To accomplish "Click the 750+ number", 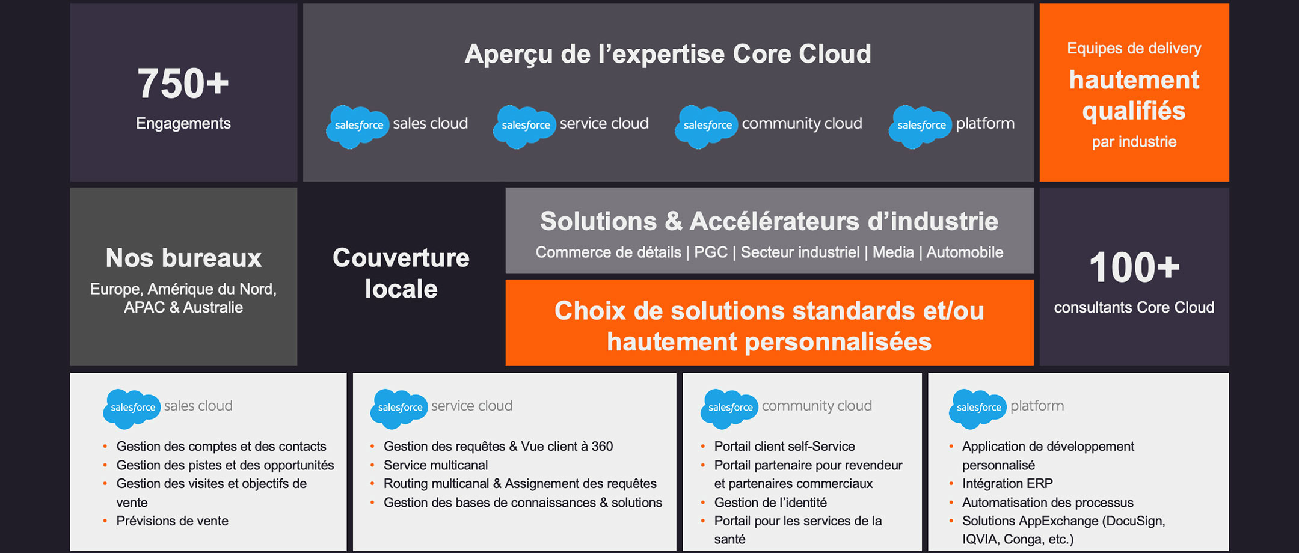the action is point(183,83).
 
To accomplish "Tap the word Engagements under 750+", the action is point(183,124).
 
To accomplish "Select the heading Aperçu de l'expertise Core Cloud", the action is point(668,54).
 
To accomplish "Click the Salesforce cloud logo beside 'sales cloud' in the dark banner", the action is point(358,126).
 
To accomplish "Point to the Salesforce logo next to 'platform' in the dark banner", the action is point(920,126).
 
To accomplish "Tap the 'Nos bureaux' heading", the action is point(183,258).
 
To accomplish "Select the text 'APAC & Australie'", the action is point(183,308).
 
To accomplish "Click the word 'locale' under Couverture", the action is point(401,289).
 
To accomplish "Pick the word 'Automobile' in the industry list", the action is point(965,252).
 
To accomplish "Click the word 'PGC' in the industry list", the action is point(711,252).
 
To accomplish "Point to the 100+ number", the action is point(1134,267).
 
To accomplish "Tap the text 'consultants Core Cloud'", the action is point(1134,308).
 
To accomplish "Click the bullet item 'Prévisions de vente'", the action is point(173,521).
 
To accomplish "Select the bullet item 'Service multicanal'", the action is point(436,465).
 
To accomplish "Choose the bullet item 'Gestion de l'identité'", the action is point(770,503).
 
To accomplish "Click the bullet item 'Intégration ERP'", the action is point(1007,484).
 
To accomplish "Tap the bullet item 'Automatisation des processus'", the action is point(1048,503).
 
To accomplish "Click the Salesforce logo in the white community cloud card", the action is point(729,409).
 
